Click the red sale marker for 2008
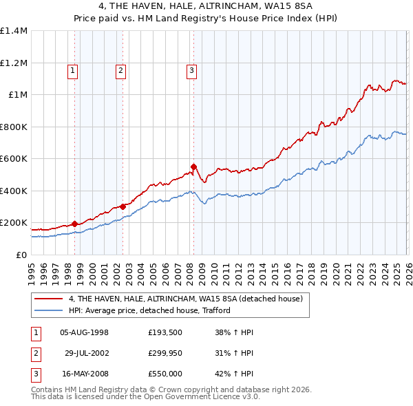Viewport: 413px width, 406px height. pyautogui.click(x=193, y=167)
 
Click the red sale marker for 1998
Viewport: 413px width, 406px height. pyautogui.click(x=74, y=224)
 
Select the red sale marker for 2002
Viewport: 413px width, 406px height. pyautogui.click(x=123, y=206)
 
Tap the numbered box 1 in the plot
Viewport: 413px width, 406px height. pyautogui.click(x=73, y=70)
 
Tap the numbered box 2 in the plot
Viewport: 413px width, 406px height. pyautogui.click(x=120, y=70)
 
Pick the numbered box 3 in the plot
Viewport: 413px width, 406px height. pyautogui.click(x=191, y=70)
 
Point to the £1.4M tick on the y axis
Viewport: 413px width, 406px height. pyautogui.click(x=14, y=31)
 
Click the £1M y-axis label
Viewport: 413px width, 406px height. pyautogui.click(x=18, y=95)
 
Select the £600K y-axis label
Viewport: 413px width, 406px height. pyautogui.click(x=14, y=158)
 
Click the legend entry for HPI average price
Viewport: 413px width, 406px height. pyautogui.click(x=149, y=310)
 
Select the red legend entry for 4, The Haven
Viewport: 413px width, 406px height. pyautogui.click(x=190, y=299)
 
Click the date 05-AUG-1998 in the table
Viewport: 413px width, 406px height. pyautogui.click(x=85, y=332)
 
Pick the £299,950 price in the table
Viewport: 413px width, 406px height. pyautogui.click(x=165, y=353)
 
